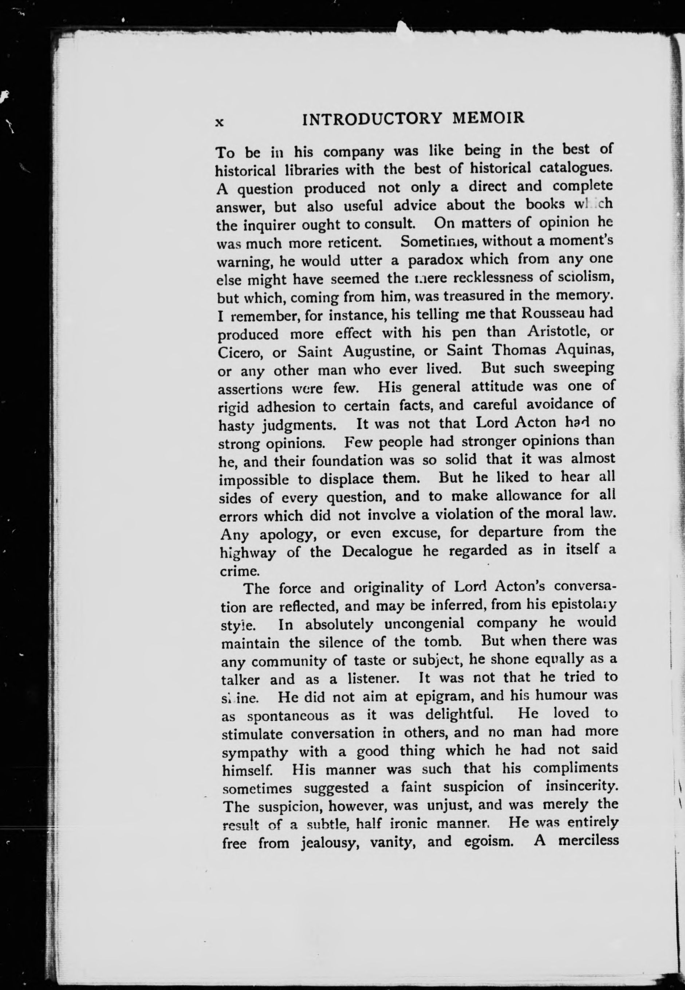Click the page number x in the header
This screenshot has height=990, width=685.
point(219,122)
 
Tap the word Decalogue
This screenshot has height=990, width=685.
point(377,551)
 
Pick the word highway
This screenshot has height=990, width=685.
point(248,553)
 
